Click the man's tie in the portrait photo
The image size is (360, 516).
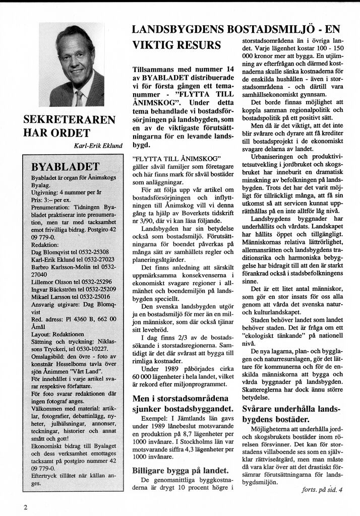click(79, 97)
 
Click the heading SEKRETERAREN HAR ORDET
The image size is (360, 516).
click(69, 126)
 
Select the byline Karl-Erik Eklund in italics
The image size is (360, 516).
click(98, 146)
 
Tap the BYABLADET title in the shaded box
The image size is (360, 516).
click(66, 167)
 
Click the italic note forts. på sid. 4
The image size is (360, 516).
click(322, 489)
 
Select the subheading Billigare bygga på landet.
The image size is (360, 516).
click(181, 470)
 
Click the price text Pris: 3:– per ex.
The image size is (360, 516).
click(50, 200)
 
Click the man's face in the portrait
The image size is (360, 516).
click(77, 60)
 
